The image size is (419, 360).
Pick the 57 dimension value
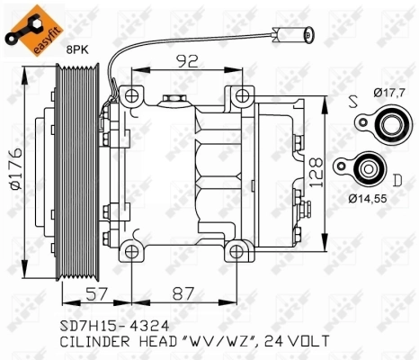pyautogui.click(x=98, y=293)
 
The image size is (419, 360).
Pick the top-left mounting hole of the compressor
pyautogui.click(x=131, y=94)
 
